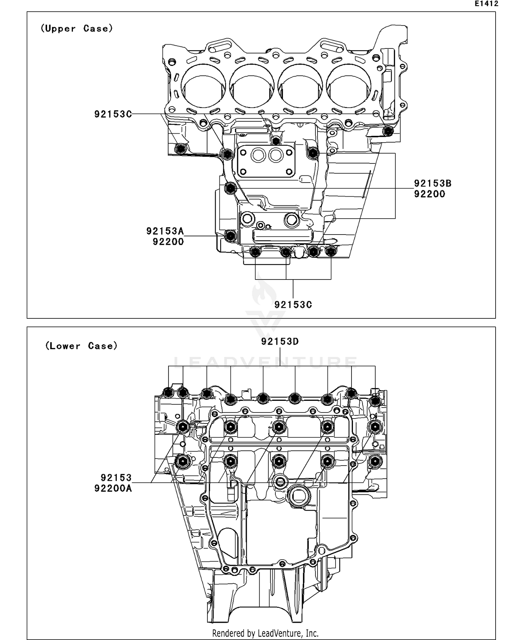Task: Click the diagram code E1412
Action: (x=486, y=4)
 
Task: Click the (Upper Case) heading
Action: (x=76, y=28)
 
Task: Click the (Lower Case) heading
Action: (x=81, y=346)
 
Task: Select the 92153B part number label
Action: (x=433, y=183)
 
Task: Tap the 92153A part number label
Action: (x=165, y=231)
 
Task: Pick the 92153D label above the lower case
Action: (x=280, y=341)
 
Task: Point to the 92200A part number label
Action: (x=113, y=488)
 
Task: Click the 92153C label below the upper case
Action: (x=293, y=305)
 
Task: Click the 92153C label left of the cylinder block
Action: (x=113, y=114)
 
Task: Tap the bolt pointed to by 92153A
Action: (x=231, y=235)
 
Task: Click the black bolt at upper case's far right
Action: (x=388, y=131)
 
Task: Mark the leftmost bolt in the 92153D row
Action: (x=169, y=392)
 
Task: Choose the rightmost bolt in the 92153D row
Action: (x=375, y=401)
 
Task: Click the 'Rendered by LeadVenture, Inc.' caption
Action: (x=265, y=633)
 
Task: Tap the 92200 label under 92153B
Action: (x=429, y=194)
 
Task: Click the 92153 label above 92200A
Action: (x=116, y=478)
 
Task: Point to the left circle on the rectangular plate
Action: (x=258, y=155)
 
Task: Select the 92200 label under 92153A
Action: (x=168, y=242)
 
